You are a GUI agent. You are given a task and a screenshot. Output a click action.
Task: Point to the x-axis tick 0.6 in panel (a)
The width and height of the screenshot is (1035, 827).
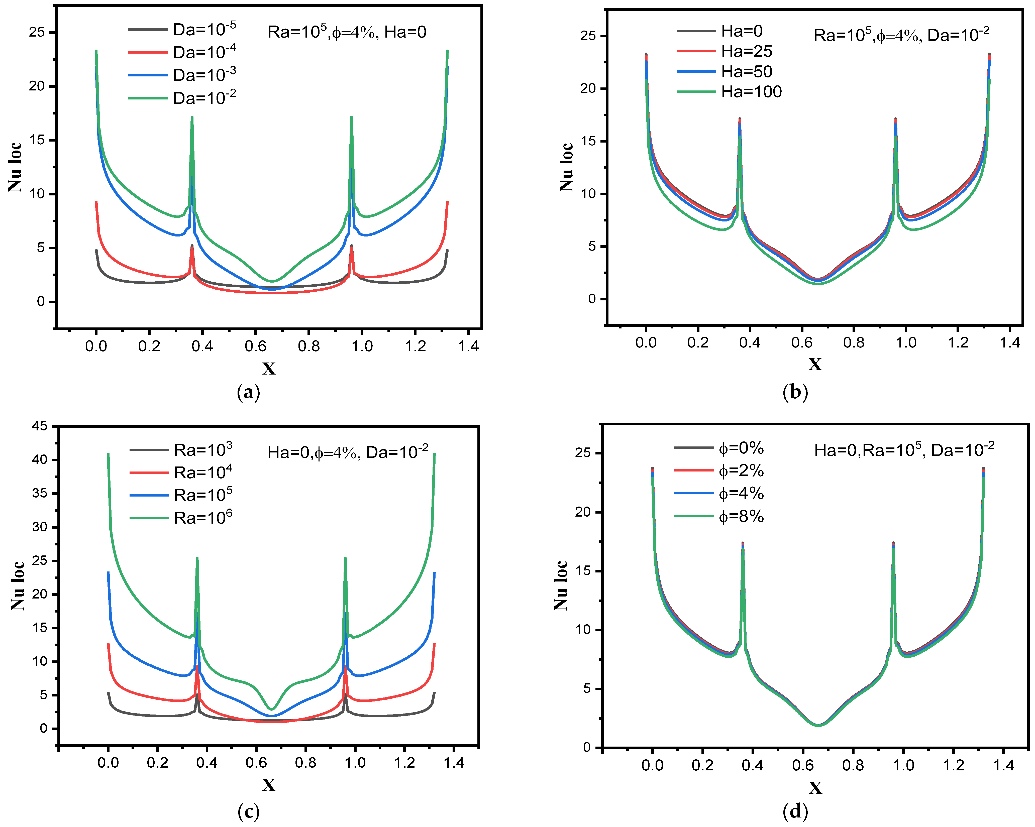[255, 345]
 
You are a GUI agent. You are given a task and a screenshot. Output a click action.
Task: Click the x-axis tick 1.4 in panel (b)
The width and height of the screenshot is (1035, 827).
[1009, 342]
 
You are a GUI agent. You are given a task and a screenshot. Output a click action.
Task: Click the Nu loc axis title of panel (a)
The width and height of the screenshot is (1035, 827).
[15, 167]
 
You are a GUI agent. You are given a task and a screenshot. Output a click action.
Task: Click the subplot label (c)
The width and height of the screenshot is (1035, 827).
[249, 812]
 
